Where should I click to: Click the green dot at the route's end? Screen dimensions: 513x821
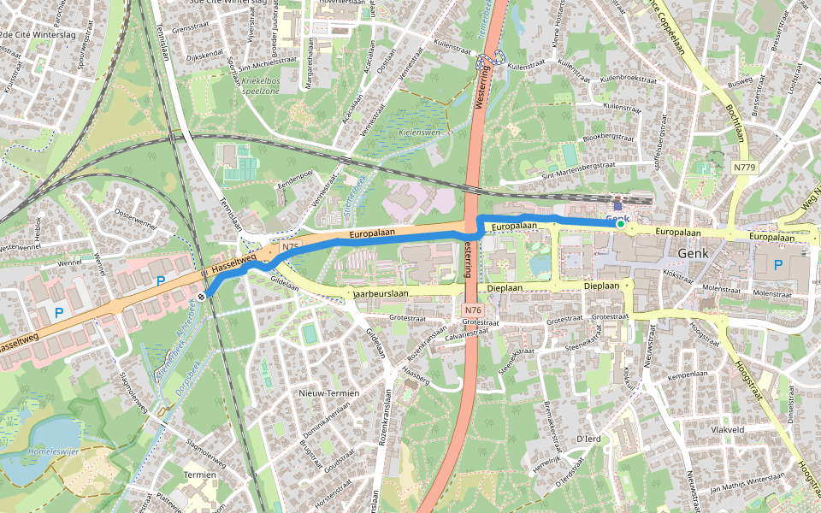[621, 223]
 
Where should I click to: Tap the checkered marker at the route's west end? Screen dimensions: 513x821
[202, 296]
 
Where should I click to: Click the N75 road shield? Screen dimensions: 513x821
[292, 247]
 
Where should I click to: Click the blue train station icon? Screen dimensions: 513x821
[618, 205]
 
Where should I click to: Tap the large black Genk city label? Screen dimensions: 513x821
[694, 254]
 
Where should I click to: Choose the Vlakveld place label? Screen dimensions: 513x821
[729, 429]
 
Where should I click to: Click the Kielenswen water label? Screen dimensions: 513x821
[419, 133]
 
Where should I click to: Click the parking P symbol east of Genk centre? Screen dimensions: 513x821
[777, 265]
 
